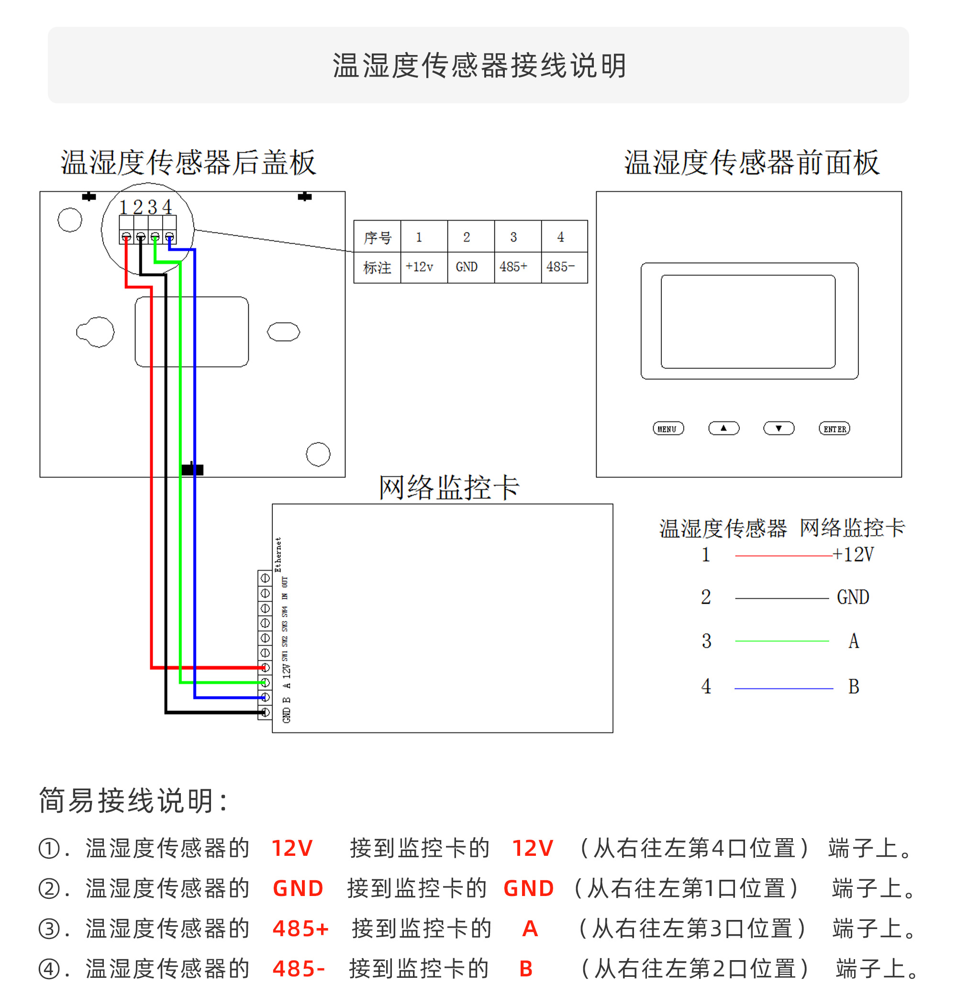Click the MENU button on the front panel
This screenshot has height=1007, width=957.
pyautogui.click(x=668, y=429)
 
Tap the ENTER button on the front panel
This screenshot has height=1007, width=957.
pyautogui.click(x=834, y=429)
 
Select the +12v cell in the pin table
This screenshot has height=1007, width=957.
pyautogui.click(x=419, y=266)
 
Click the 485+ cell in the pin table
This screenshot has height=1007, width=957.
pyautogui.click(x=513, y=266)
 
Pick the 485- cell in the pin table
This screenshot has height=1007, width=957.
pyautogui.click(x=560, y=266)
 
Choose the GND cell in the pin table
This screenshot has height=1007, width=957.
pyautogui.click(x=466, y=266)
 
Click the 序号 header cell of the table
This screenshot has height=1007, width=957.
pyautogui.click(x=377, y=237)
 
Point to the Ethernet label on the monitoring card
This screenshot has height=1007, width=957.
pyautogui.click(x=278, y=554)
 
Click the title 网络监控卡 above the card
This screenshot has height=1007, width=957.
pyautogui.click(x=448, y=487)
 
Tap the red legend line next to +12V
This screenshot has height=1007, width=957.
pyautogui.click(x=783, y=555)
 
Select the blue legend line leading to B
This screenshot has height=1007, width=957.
pyautogui.click(x=783, y=688)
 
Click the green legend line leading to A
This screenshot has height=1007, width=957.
pyautogui.click(x=781, y=641)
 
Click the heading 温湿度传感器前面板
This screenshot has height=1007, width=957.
pyautogui.click(x=752, y=163)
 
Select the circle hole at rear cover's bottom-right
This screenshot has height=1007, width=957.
pyautogui.click(x=318, y=454)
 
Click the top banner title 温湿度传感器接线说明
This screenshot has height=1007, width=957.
pyautogui.click(x=478, y=66)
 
